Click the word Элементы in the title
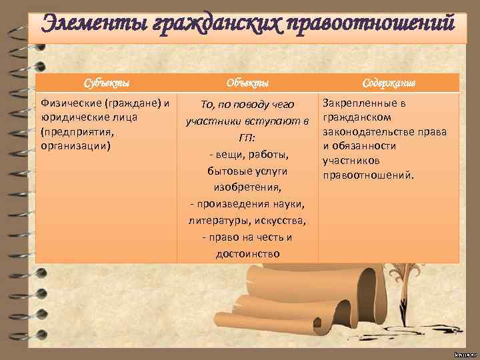click(x=93, y=24)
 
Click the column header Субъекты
click(x=106, y=83)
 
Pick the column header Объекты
click(x=247, y=83)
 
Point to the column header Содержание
click(x=389, y=83)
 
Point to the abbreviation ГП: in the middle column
click(x=247, y=138)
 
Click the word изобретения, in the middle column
click(x=247, y=187)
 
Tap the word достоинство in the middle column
click(x=247, y=254)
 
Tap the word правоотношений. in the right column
click(x=368, y=175)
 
